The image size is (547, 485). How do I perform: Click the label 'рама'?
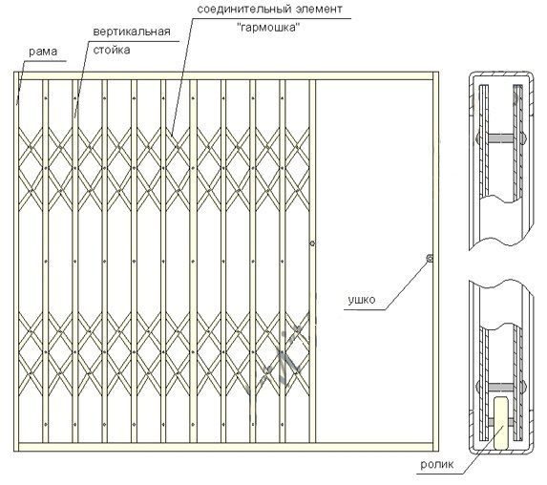[43, 52]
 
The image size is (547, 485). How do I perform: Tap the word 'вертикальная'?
[132, 32]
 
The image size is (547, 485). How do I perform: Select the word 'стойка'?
[112, 50]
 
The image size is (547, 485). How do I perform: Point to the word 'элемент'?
[319, 9]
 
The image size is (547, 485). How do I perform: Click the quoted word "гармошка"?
[268, 28]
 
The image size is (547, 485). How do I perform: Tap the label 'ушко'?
[362, 300]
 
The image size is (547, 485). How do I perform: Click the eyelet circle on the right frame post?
[430, 259]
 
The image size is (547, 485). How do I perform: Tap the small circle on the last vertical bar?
[312, 243]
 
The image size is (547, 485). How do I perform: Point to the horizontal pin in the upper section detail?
[501, 138]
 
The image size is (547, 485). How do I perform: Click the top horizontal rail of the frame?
[226, 75]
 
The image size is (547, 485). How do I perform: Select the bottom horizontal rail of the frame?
[226, 447]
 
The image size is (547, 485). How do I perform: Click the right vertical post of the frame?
[435, 262]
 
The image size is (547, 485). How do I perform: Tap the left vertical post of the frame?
[16, 262]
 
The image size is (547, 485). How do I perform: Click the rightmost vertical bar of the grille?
[312, 262]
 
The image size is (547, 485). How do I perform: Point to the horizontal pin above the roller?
[501, 387]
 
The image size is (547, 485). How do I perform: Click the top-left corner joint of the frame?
[16, 75]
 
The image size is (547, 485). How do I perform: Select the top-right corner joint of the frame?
[435, 75]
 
